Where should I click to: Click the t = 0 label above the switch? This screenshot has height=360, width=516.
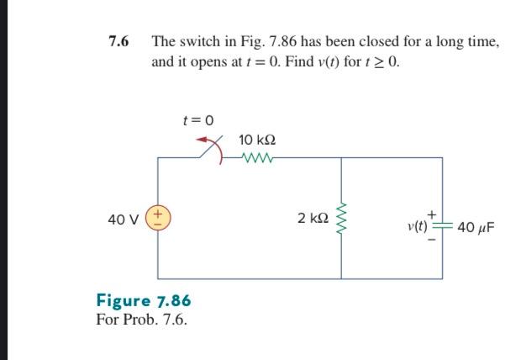[x=198, y=121]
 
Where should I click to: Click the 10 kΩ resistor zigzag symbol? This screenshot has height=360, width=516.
[x=257, y=156]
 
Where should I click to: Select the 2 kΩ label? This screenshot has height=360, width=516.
[x=312, y=218]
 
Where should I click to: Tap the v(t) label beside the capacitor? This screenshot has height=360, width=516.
[x=417, y=225]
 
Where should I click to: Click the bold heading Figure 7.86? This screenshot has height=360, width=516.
[x=144, y=301]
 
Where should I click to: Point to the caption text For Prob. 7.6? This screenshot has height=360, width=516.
[x=142, y=320]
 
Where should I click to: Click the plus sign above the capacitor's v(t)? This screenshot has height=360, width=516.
[x=431, y=213]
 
